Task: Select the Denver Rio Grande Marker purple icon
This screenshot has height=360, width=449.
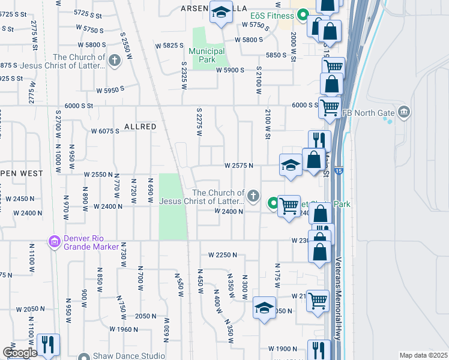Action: [x=54, y=242]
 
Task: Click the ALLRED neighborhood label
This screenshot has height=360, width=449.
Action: [x=140, y=127]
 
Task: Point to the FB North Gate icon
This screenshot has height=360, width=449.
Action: [x=404, y=111]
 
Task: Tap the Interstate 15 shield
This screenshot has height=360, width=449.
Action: [x=340, y=172]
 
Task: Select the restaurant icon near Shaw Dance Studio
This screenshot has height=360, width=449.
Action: [x=48, y=344]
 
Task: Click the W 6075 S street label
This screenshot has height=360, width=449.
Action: [x=105, y=131]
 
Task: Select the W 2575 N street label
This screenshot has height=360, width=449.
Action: [x=239, y=166]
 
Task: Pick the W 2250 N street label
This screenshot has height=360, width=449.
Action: [x=223, y=255]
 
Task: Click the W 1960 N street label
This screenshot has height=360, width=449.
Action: [x=124, y=329]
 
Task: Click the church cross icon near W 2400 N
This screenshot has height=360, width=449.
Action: [x=254, y=195]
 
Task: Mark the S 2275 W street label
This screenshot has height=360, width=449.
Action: [x=198, y=121]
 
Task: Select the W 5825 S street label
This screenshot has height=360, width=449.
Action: [x=169, y=46]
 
